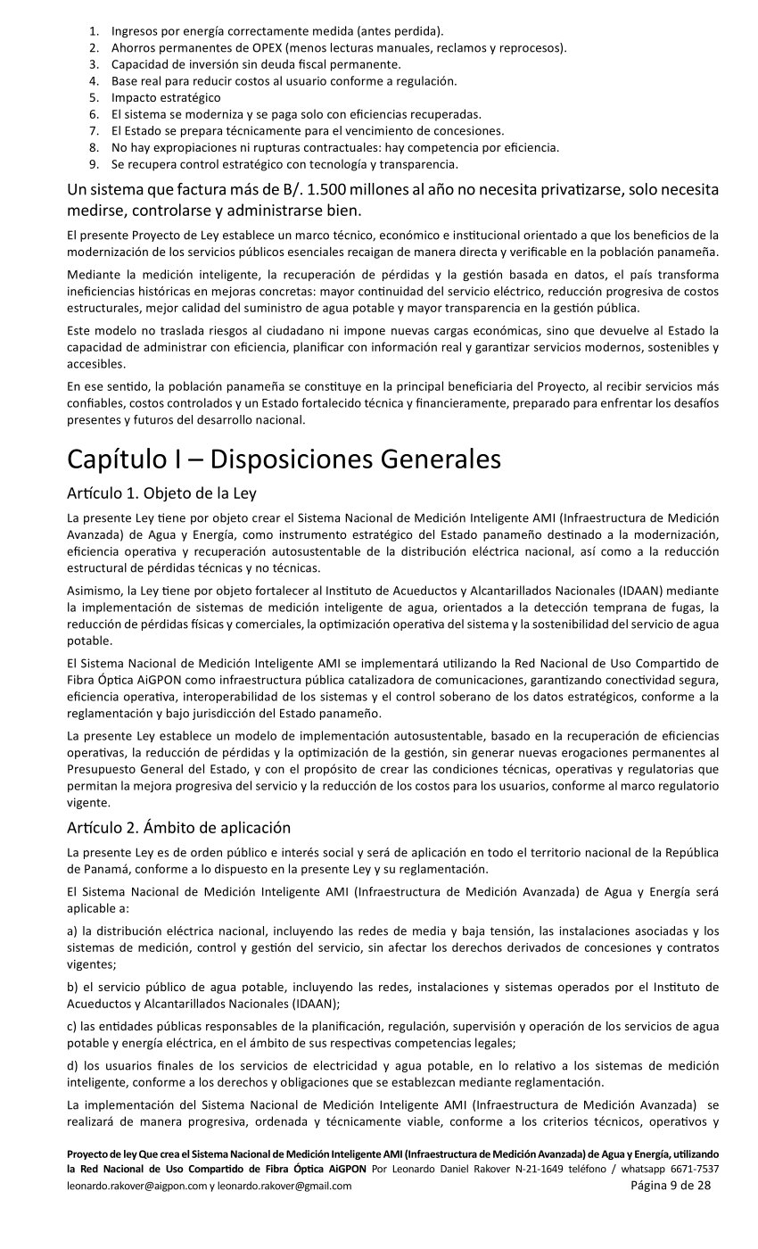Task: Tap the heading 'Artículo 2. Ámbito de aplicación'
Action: [x=178, y=828]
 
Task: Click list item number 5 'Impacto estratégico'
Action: [x=165, y=97]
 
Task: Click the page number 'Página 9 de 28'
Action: [x=671, y=1186]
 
